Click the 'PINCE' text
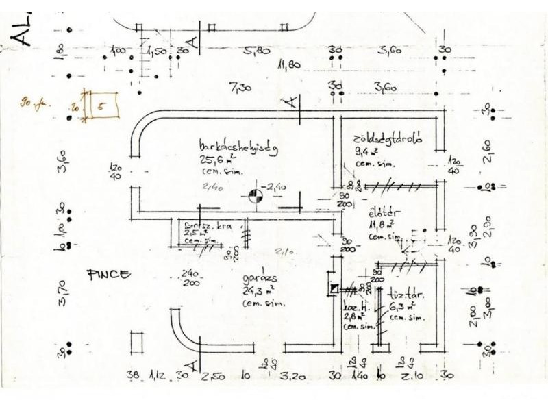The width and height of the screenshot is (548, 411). pos(108,275)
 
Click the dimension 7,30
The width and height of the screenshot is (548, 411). pos(240,87)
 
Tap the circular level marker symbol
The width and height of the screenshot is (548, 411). pos(255,197)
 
